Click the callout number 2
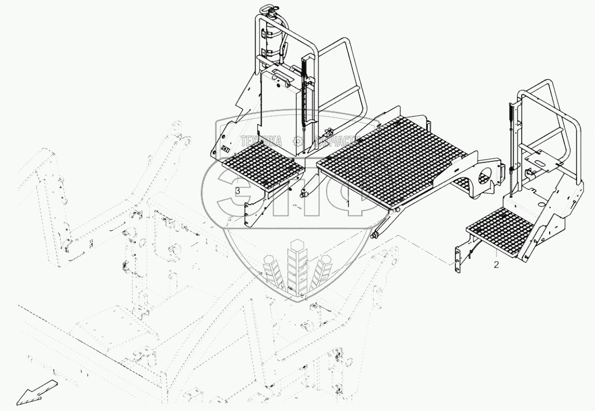496,264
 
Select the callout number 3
238,192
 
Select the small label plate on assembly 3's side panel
225,150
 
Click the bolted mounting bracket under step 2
461,255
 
